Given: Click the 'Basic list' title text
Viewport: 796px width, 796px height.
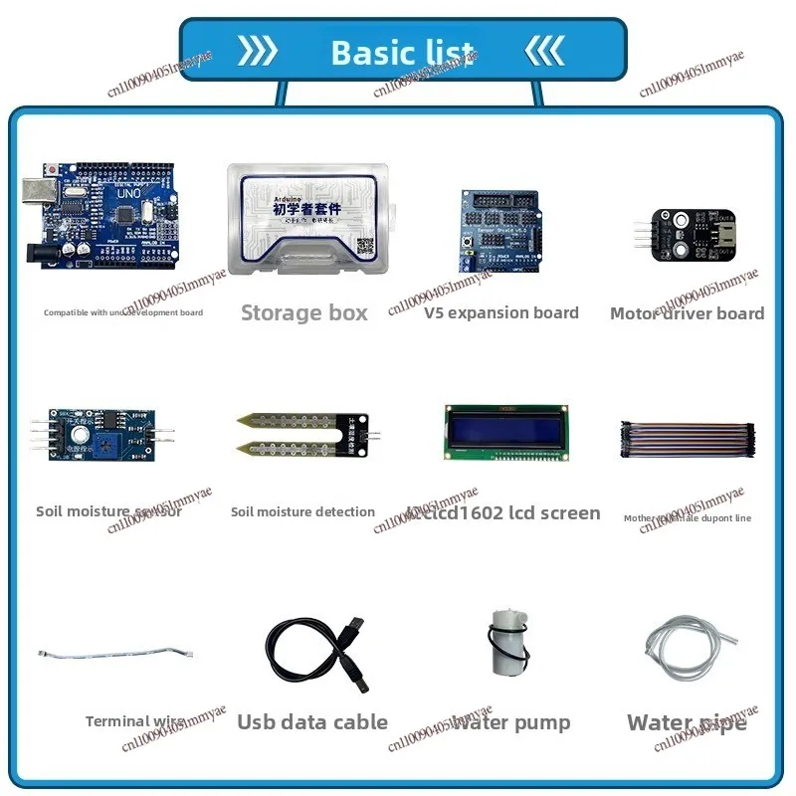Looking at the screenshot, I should [x=402, y=52].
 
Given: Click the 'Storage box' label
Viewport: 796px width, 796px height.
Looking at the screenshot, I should [x=304, y=313].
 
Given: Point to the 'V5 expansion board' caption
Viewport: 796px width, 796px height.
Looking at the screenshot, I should [x=501, y=313].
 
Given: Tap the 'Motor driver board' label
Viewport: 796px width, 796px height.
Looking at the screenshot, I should [x=687, y=313].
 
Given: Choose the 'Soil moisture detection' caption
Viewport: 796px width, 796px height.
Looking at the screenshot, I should [x=302, y=512].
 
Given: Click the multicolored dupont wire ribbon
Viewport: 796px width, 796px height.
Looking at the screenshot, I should [x=688, y=441].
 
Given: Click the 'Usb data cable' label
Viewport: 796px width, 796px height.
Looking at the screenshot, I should [x=312, y=722].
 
